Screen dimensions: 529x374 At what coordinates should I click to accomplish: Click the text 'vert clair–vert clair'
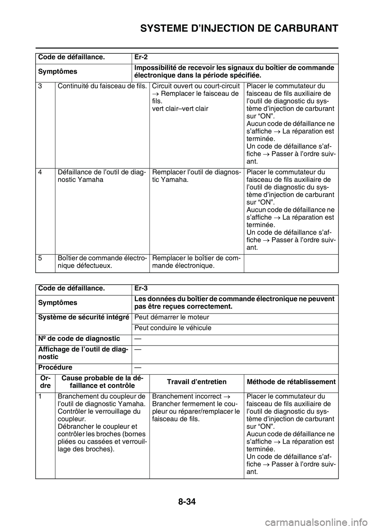click(180, 108)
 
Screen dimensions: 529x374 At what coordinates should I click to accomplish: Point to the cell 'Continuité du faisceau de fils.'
click(102, 86)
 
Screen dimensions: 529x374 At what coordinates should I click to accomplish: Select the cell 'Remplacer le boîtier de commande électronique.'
click(196, 262)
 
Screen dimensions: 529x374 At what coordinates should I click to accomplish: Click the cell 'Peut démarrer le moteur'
click(172, 317)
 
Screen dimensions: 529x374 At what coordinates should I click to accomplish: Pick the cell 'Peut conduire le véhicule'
click(173, 328)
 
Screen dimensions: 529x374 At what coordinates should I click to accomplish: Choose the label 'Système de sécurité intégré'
click(83, 317)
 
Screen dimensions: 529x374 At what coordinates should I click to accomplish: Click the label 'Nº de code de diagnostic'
click(79, 339)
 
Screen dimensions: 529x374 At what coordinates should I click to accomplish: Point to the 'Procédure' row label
click(55, 367)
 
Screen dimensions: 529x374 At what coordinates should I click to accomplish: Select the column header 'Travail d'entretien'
click(197, 381)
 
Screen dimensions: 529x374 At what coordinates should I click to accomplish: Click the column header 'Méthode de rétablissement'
click(291, 381)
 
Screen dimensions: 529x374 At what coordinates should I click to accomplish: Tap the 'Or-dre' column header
click(45, 381)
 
